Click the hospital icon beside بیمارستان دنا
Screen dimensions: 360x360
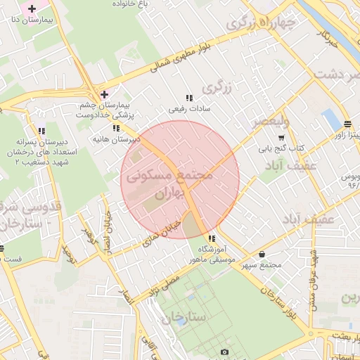tap(31, 9)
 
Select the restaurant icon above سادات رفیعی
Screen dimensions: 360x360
tap(188, 98)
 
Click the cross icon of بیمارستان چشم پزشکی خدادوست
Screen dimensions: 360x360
tap(104, 94)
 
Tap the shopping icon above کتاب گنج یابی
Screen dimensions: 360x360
tap(281, 138)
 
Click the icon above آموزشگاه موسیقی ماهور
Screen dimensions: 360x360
tap(212, 239)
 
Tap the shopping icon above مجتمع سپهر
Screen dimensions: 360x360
tap(262, 255)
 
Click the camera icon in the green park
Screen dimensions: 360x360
tap(224, 351)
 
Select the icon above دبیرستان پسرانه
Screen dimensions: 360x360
tap(41, 131)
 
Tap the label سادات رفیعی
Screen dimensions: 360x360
tap(188, 110)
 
